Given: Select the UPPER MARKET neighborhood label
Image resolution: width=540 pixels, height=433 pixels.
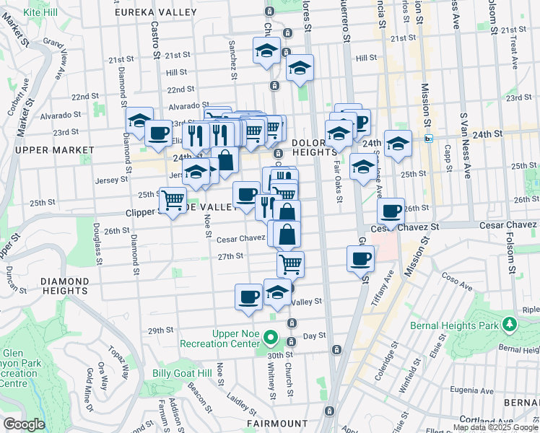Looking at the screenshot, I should click(x=54, y=150).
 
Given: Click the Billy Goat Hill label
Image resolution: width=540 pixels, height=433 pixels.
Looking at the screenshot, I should click(x=182, y=373).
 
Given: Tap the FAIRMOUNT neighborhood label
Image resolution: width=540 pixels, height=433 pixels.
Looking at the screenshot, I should click(x=278, y=424).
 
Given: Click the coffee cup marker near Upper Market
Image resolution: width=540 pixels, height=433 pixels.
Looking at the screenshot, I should click(x=158, y=133).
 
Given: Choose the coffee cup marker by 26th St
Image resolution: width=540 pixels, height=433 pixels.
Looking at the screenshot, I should click(x=391, y=211).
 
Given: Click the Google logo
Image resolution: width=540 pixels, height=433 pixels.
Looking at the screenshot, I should click(x=24, y=424).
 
